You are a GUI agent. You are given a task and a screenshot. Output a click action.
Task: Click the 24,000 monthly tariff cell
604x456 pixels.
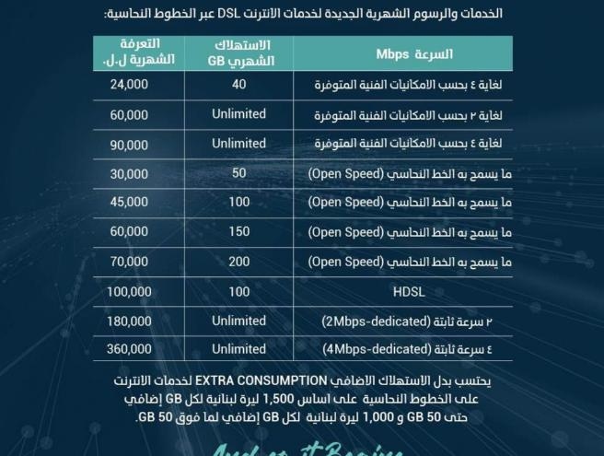129,85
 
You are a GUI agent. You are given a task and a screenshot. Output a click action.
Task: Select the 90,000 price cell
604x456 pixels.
129,145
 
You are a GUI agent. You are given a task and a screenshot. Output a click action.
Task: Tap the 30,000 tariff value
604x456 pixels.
129,173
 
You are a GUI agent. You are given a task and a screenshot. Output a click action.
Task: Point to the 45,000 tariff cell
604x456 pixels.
129,203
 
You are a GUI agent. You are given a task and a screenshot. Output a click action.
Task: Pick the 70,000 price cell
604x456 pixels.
129,262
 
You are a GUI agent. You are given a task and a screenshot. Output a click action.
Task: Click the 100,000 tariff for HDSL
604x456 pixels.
129,291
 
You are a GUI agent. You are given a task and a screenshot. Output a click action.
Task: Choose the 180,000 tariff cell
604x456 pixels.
129,321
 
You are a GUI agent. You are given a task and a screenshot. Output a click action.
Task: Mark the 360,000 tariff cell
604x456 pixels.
129,350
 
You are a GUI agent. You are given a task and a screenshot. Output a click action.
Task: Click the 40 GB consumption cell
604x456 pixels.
238,85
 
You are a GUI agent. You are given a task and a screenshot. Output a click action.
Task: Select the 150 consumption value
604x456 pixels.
238,232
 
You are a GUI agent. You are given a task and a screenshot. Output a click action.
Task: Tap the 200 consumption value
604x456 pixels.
238,262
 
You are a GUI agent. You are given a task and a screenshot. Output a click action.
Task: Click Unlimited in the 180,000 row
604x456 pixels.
238,321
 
